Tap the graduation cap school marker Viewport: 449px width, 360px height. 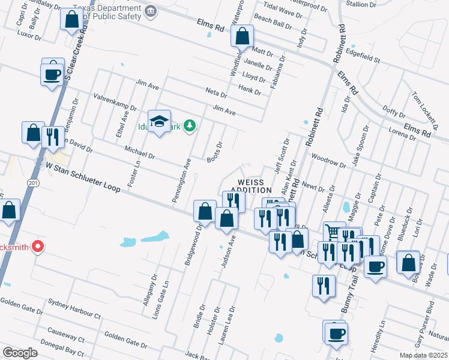point(160,122)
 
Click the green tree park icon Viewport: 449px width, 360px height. point(190,125)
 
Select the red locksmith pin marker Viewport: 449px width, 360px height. point(37,246)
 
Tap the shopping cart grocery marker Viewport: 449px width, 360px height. point(332,231)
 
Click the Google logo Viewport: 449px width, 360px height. point(20,352)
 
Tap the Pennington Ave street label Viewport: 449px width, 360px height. point(181,179)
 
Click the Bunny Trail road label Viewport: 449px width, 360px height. point(349,306)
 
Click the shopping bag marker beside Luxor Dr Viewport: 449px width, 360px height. point(71,19)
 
